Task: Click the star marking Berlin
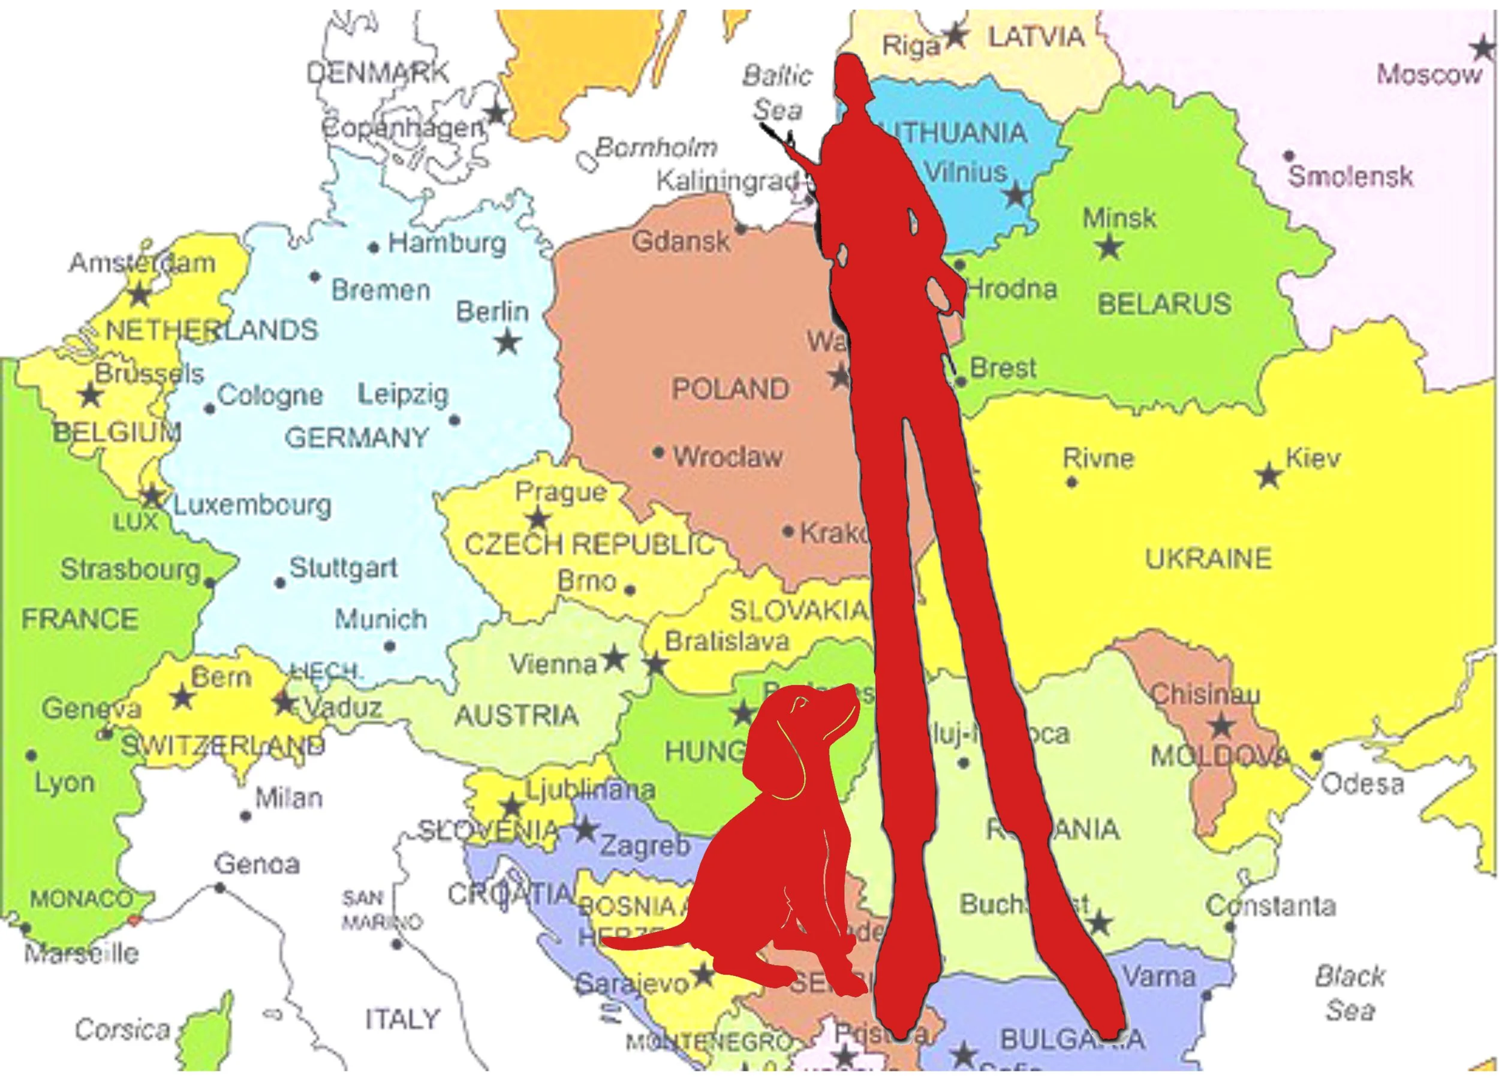click(508, 343)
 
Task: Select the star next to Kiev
click(1268, 476)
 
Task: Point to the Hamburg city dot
click(374, 248)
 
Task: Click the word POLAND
click(730, 389)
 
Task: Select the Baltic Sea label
click(776, 92)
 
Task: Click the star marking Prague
click(538, 517)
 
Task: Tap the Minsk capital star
click(1109, 247)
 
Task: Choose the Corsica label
click(122, 1029)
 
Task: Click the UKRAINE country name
click(1208, 559)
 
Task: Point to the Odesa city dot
click(1317, 755)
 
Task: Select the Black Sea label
click(1349, 993)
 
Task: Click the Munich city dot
click(390, 646)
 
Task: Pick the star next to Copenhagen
click(495, 113)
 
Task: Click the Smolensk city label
click(1350, 176)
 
